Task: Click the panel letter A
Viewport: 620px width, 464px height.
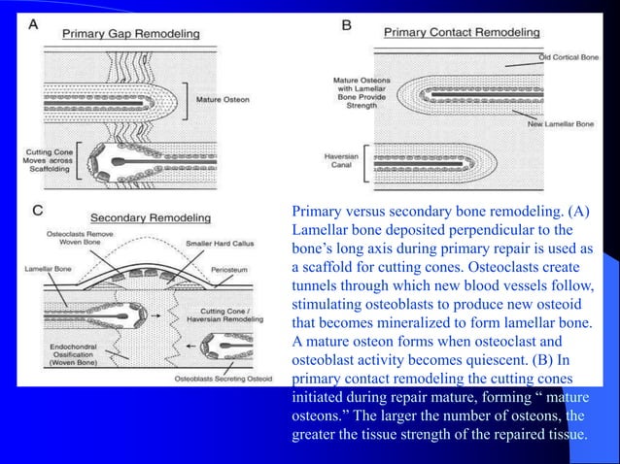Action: click(x=34, y=26)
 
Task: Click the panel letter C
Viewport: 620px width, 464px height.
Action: click(x=37, y=208)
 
